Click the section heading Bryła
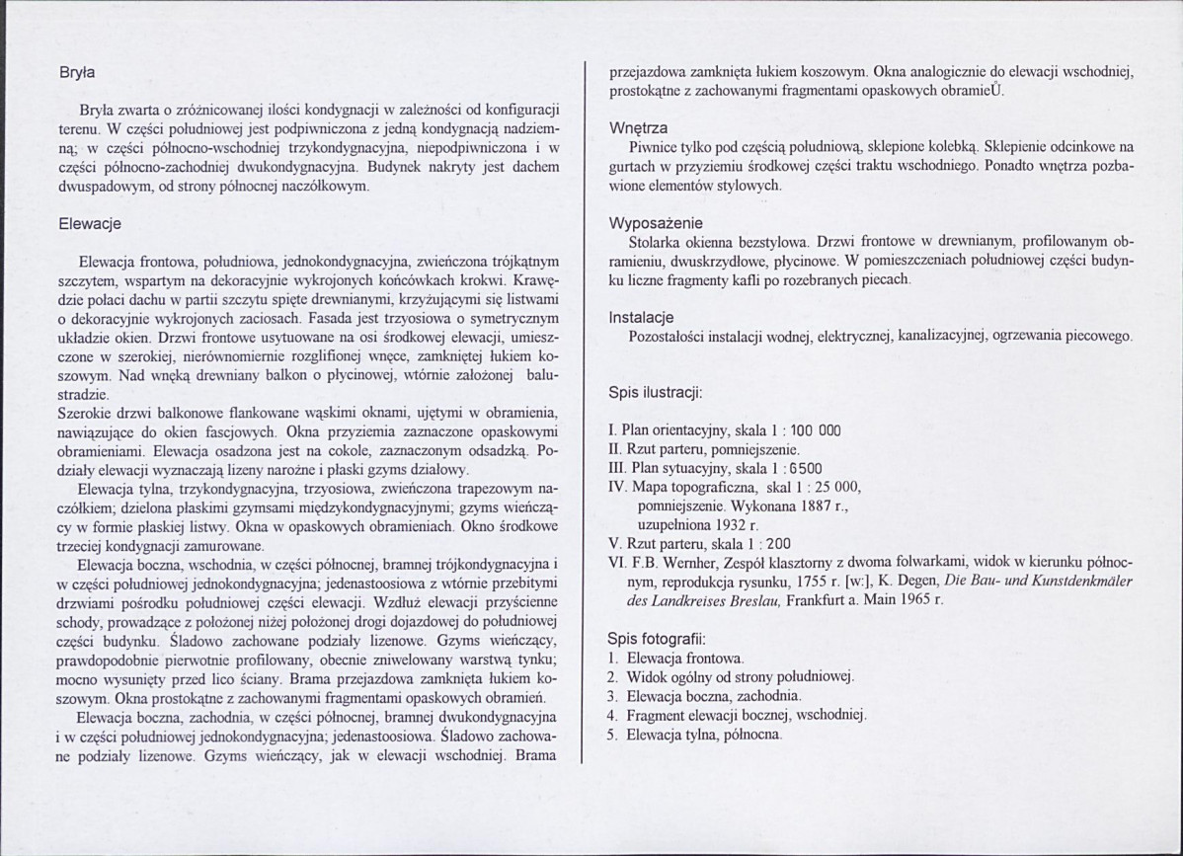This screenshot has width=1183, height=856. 75,72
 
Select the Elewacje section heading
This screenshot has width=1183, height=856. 90,224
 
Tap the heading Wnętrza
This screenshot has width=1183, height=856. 639,128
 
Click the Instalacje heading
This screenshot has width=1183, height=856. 641,318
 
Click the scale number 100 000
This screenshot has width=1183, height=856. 816,431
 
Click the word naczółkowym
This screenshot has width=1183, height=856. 324,186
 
